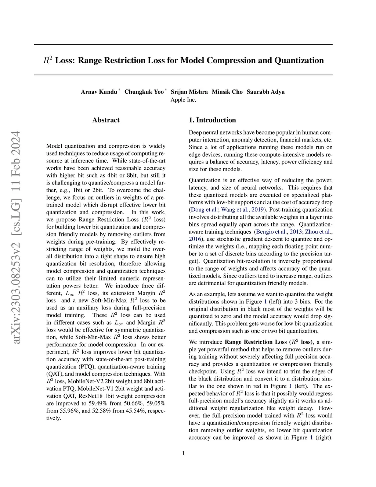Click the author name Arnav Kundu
(x=99, y=92)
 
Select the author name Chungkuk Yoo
(x=144, y=92)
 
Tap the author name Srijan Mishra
(x=189, y=92)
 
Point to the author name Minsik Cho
(x=227, y=92)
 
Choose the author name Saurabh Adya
(x=265, y=92)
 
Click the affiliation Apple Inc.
(x=183, y=100)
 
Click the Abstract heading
(x=106, y=120)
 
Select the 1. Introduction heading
(x=212, y=120)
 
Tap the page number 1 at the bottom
(x=183, y=453)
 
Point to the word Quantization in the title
(x=299, y=60)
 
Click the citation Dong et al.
(x=205, y=210)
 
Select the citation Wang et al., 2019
(x=242, y=210)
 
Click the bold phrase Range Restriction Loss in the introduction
(x=256, y=342)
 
